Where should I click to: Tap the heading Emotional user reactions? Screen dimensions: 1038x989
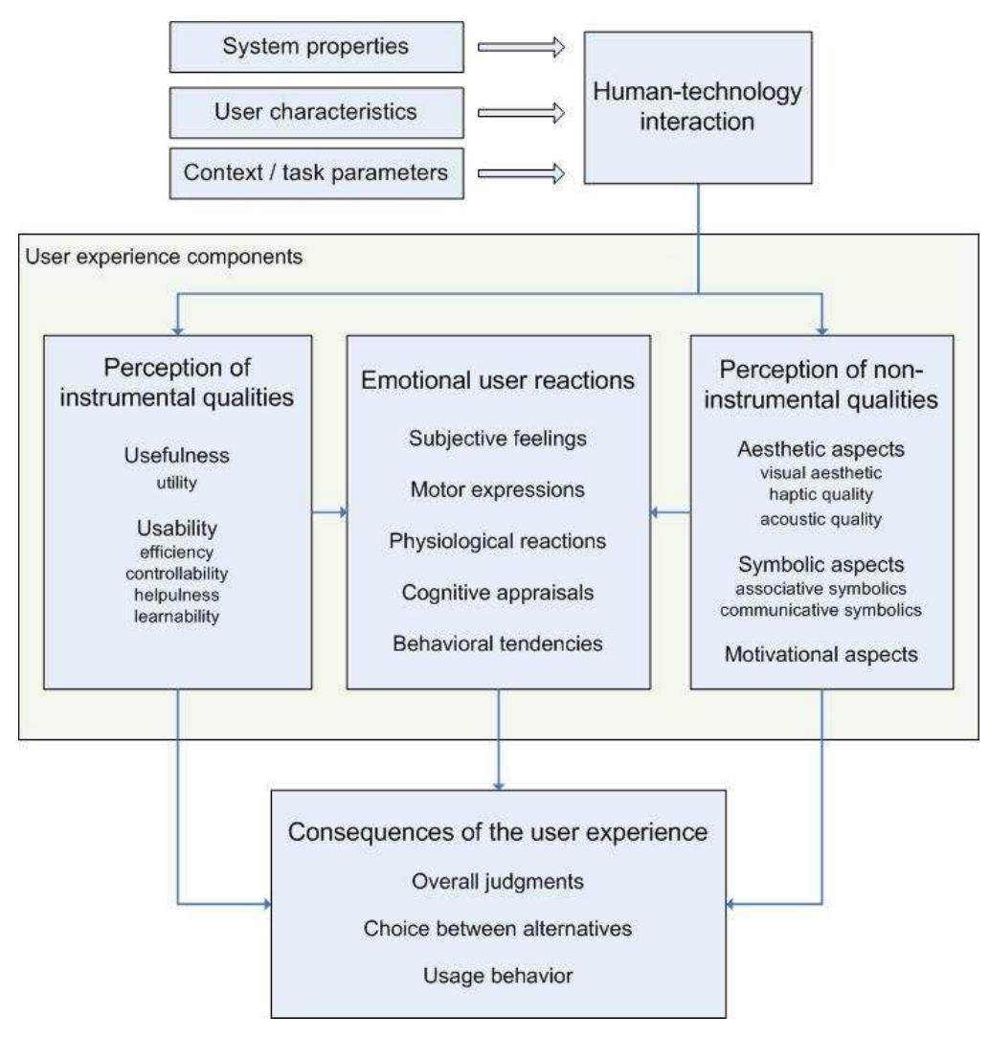tap(498, 380)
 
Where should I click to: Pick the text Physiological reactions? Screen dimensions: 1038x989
tap(498, 541)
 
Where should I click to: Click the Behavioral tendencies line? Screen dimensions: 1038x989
tap(498, 643)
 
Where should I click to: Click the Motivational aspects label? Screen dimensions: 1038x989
tap(821, 656)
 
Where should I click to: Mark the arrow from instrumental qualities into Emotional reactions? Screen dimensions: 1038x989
tap(329, 513)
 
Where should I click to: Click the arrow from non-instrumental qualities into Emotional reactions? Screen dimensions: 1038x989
tap(670, 513)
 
